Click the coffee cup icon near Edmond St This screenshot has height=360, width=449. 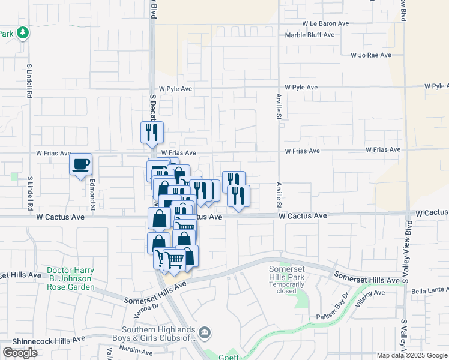(80, 164)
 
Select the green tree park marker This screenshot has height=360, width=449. (23, 32)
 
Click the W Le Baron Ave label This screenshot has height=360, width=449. (325, 23)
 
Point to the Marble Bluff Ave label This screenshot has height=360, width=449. (310, 35)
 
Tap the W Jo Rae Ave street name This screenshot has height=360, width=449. (370, 55)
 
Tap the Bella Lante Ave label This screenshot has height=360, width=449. (430, 291)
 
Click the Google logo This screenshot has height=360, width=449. (20, 353)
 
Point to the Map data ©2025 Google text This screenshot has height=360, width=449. (411, 355)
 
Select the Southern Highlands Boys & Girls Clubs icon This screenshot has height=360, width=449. (205, 332)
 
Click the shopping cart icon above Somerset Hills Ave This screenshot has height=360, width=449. (174, 259)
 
